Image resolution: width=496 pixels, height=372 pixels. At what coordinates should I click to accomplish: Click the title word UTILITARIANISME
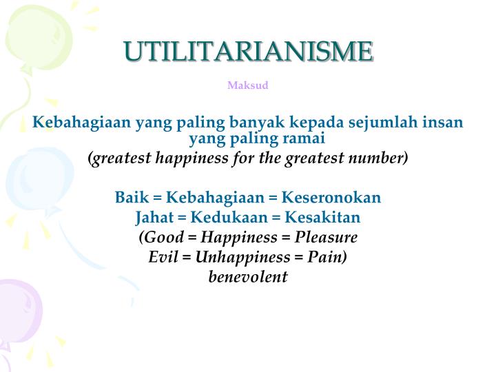248,52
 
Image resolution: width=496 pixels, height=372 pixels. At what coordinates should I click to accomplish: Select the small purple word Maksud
248,86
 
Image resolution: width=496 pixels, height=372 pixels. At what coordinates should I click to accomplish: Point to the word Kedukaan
224,218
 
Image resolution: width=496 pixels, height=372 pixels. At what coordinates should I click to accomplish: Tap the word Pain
327,258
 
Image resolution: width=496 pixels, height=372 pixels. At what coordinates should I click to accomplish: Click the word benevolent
248,278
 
